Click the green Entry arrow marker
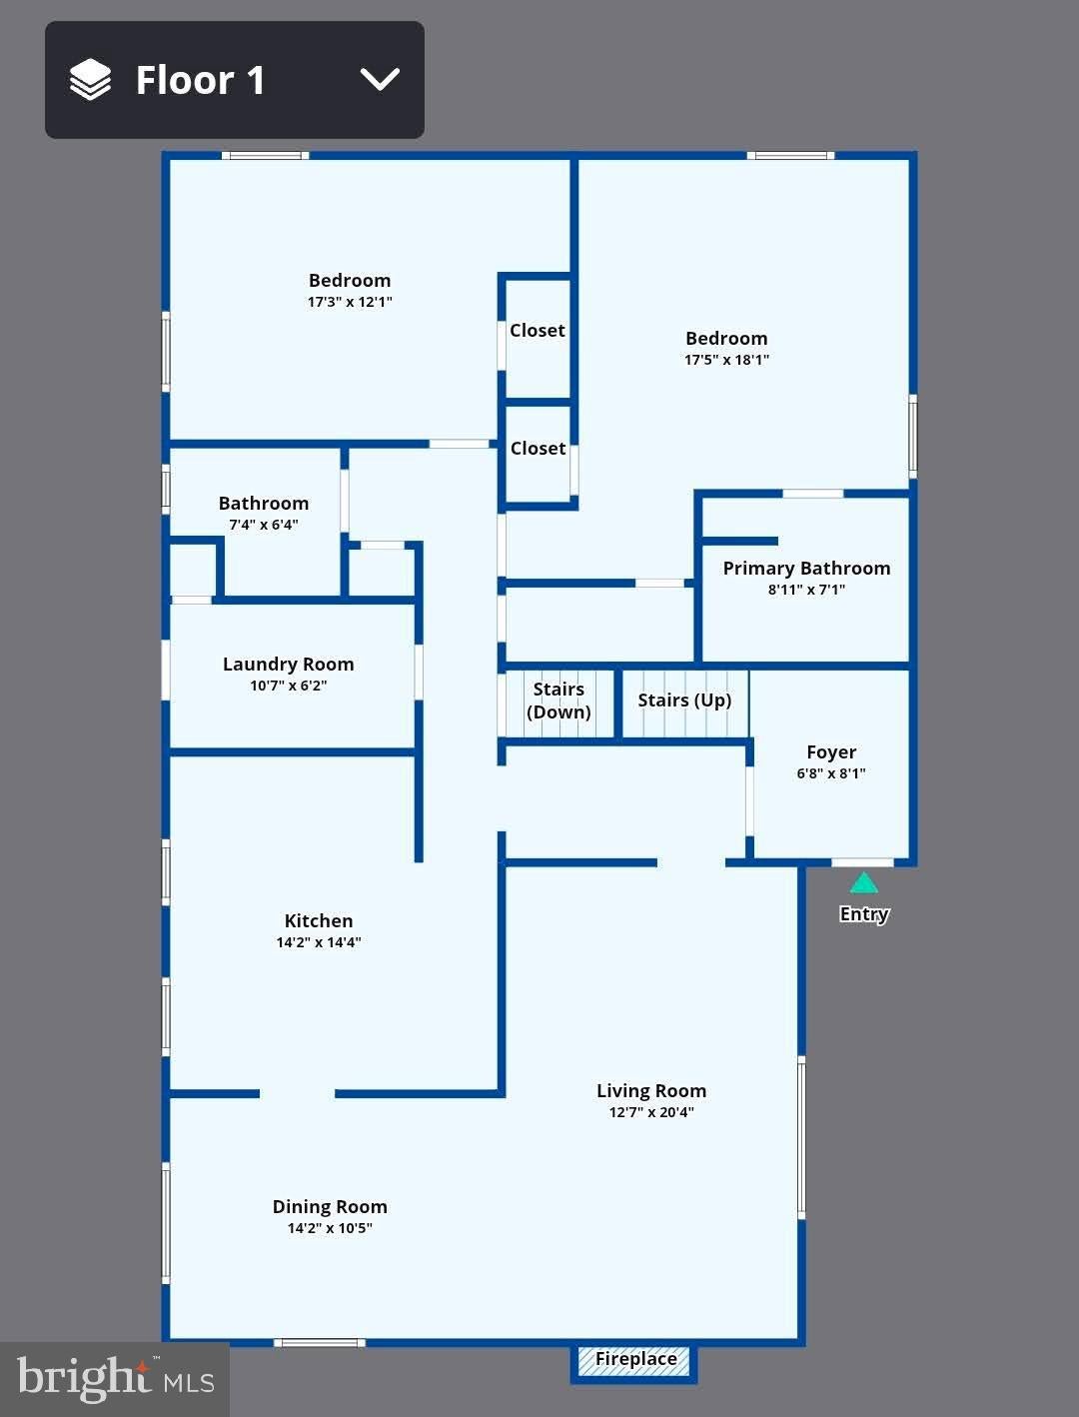(x=863, y=882)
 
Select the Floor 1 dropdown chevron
(x=380, y=79)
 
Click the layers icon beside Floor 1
(x=90, y=79)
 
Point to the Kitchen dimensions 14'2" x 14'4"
(x=318, y=942)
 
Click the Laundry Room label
(x=288, y=665)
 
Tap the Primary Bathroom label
(x=806, y=568)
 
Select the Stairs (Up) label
(x=684, y=701)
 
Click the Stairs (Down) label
(x=558, y=701)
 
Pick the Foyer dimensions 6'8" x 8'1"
(x=830, y=772)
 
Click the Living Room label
(x=651, y=1091)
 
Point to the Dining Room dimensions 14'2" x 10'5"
(x=330, y=1228)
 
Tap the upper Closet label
(x=537, y=331)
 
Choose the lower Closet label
(x=538, y=448)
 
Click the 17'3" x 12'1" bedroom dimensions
(x=350, y=302)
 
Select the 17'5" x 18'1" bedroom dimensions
(x=726, y=360)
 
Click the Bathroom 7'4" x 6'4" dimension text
(x=264, y=525)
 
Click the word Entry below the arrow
(x=864, y=914)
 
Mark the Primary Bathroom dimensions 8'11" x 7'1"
(x=806, y=589)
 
